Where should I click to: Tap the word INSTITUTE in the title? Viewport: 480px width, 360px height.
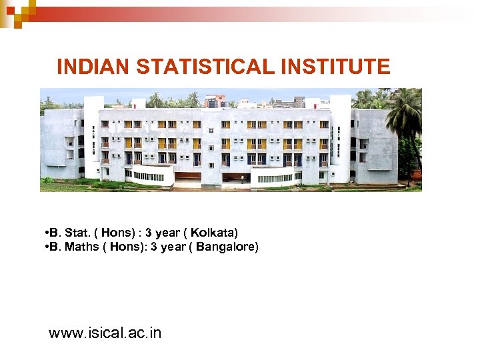[x=337, y=67]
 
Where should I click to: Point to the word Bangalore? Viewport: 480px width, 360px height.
[x=226, y=247]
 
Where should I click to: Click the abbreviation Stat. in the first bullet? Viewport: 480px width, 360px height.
[x=77, y=233]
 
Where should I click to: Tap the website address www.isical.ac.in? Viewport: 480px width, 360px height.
[x=105, y=333]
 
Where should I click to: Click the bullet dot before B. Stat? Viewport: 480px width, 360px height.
[x=44, y=233]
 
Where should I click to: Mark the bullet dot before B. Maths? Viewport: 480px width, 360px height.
[x=44, y=247]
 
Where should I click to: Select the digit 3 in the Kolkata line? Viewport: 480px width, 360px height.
[x=149, y=233]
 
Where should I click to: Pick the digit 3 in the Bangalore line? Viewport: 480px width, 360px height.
[x=154, y=247]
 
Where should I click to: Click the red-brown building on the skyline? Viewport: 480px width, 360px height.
[x=215, y=101]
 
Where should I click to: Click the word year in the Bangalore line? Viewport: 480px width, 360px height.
[x=174, y=247]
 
